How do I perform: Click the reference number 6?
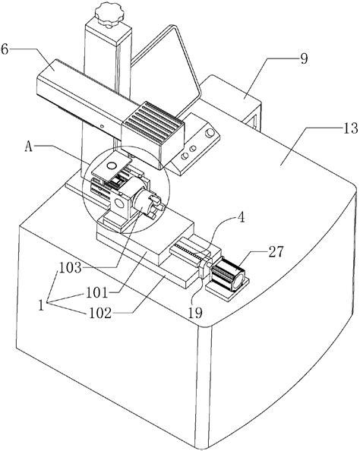pos(5,49)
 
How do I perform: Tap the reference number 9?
pos(304,58)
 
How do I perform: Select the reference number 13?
pos(350,128)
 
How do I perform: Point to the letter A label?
pos(28,147)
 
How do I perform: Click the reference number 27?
pos(276,251)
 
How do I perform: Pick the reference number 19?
pos(195,312)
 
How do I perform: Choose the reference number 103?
pos(70,268)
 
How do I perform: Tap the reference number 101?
pos(96,293)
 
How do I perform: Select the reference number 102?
pos(99,314)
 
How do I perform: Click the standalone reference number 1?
pos(41,305)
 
